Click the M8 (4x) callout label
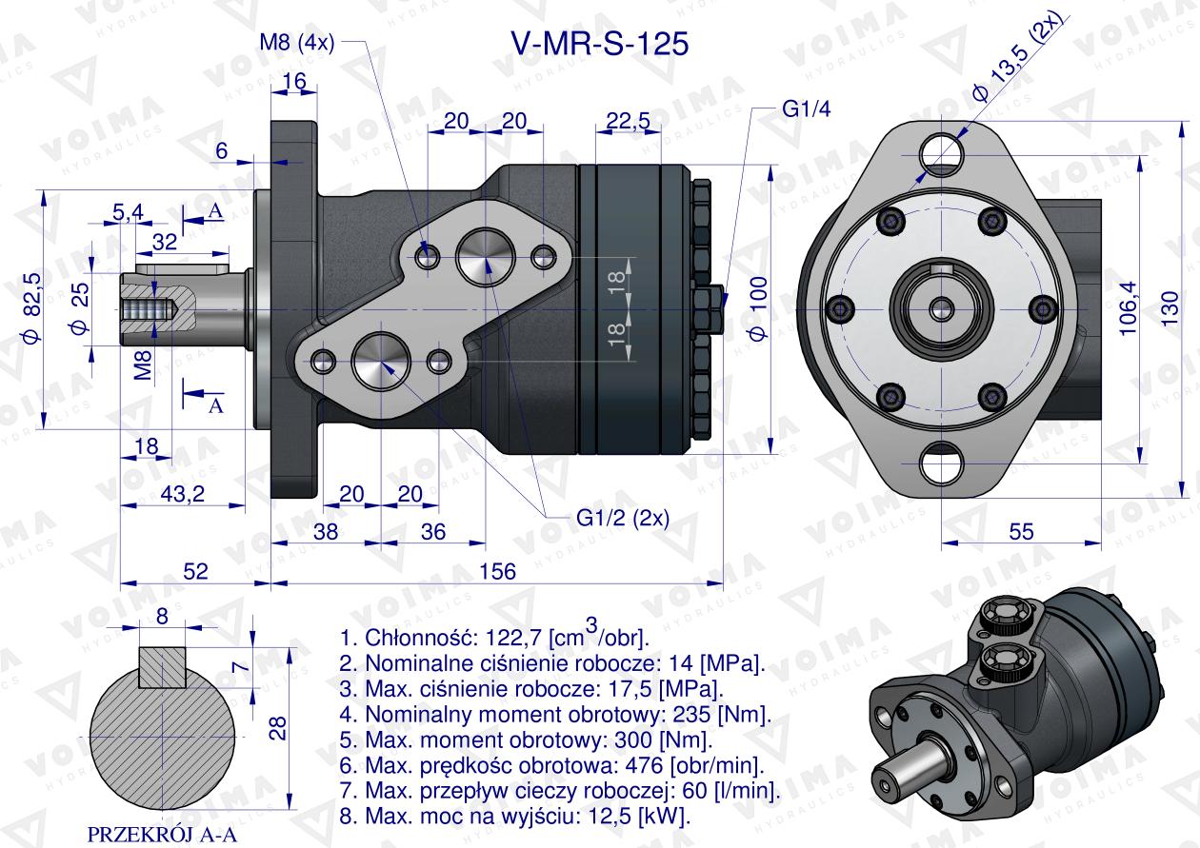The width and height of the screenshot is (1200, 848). (x=295, y=44)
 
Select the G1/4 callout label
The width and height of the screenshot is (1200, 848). (x=806, y=108)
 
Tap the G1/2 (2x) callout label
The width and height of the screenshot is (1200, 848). (x=623, y=519)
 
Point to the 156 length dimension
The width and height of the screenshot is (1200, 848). (x=496, y=570)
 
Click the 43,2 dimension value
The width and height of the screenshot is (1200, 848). (x=181, y=493)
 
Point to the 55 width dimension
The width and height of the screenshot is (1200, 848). (x=1021, y=531)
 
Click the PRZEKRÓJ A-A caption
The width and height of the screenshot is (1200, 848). (x=162, y=835)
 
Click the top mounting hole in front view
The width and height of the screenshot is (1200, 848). (x=942, y=148)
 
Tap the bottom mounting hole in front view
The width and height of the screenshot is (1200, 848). (x=942, y=465)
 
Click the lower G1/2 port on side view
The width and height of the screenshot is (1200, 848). (x=380, y=362)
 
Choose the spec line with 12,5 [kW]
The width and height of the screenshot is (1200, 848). (x=514, y=816)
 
